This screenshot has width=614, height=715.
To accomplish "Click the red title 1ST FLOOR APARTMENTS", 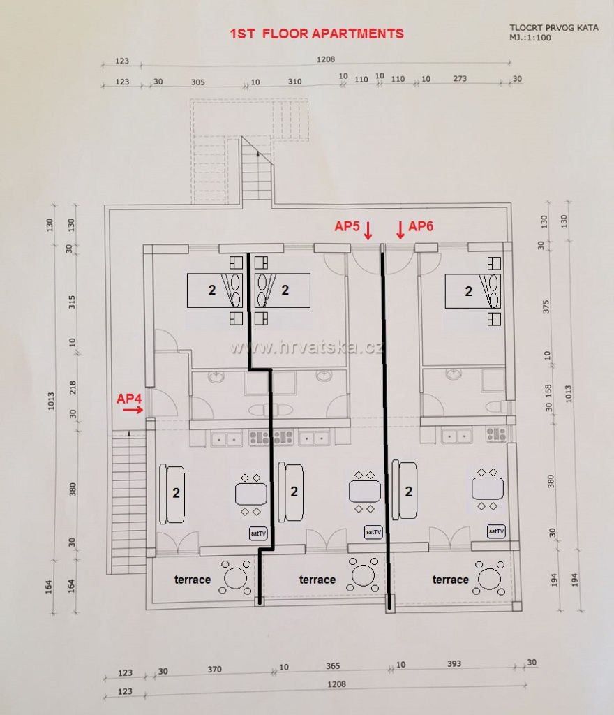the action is (x=317, y=34).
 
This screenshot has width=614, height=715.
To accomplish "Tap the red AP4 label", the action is (x=129, y=399).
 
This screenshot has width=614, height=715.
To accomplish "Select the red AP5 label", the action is (x=347, y=226).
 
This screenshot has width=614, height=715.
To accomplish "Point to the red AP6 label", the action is (x=421, y=226).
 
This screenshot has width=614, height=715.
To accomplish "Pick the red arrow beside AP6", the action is (x=400, y=230).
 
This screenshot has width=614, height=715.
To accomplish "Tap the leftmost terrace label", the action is (x=193, y=580).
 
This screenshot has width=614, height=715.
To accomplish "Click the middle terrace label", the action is (x=317, y=580).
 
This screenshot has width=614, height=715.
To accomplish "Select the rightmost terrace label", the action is (x=451, y=580).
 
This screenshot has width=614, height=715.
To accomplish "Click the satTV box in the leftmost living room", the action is (x=258, y=533).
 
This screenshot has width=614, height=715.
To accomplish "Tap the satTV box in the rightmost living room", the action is (x=496, y=531).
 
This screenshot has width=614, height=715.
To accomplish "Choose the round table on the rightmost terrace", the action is (x=490, y=578).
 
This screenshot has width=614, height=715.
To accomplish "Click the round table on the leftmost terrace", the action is (x=235, y=577).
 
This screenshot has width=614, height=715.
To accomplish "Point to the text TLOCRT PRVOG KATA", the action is (x=554, y=28).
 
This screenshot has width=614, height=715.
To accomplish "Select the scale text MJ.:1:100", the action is (x=530, y=38).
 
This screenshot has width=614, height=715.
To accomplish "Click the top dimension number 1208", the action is (x=326, y=59).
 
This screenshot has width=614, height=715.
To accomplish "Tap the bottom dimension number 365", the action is (x=333, y=665).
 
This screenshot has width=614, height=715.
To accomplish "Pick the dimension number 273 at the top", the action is (x=460, y=78).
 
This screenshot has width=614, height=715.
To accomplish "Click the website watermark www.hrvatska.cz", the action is (x=306, y=348).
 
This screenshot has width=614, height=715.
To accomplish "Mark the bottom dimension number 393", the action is (x=454, y=664).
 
